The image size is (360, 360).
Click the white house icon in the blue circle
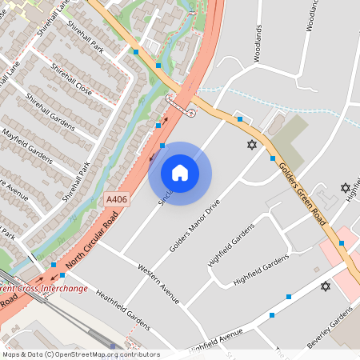(180, 173)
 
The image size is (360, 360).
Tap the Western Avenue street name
(158, 282)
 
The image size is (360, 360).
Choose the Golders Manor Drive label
(194, 226)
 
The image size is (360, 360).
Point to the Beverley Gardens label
(330, 330)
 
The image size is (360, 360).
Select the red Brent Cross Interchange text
(44, 288)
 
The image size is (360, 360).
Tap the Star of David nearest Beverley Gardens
(326, 286)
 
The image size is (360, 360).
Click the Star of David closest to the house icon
(252, 145)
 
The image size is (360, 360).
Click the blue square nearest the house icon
(162, 146)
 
